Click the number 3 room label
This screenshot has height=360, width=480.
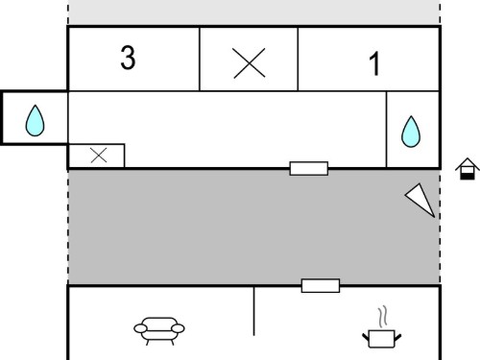click(x=128, y=57)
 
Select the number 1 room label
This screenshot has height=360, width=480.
click(x=374, y=63)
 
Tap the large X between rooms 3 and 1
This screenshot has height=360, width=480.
click(x=249, y=63)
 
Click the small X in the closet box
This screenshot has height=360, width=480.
click(x=99, y=156)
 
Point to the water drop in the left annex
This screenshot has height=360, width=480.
click(x=35, y=121)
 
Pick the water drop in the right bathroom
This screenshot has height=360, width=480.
click(x=411, y=132)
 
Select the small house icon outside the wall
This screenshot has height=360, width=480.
click(x=468, y=169)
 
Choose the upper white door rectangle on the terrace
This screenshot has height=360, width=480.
click(x=309, y=168)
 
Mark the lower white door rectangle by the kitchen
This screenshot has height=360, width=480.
click(x=321, y=285)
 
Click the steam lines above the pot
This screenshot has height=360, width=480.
click(x=382, y=317)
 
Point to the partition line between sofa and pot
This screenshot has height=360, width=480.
click(x=254, y=311)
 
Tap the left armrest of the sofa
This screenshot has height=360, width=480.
click(x=140, y=328)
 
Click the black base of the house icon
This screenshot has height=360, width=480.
click(x=468, y=176)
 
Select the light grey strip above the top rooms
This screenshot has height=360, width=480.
click(x=253, y=12)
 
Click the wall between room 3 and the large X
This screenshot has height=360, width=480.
click(x=200, y=59)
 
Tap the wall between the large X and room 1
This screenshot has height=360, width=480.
click(x=298, y=59)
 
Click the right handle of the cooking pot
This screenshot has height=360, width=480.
click(x=398, y=338)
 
